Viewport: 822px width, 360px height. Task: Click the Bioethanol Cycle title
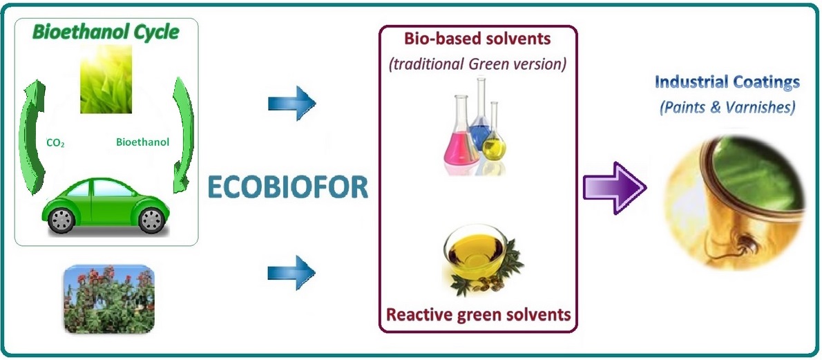(106, 32)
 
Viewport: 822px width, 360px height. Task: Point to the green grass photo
(106, 79)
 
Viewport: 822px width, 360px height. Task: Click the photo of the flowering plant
(110, 299)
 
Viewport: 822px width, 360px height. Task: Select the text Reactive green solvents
(478, 314)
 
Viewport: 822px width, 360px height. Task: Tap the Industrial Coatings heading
(727, 82)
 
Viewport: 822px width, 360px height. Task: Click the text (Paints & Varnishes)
(727, 108)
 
